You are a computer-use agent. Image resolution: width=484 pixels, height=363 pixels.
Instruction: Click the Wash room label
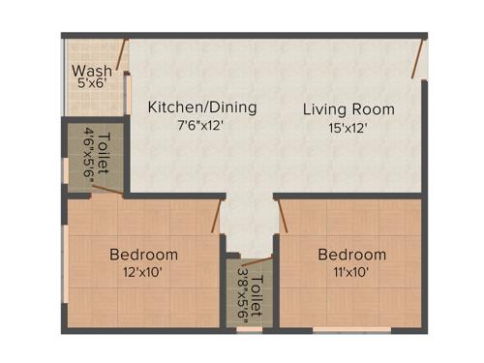(x=92, y=72)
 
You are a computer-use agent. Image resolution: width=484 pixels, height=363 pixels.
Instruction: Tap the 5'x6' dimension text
(x=92, y=84)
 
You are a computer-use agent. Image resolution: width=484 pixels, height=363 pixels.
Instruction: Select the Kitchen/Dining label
(x=202, y=107)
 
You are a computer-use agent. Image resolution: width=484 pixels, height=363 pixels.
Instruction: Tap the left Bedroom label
(x=143, y=255)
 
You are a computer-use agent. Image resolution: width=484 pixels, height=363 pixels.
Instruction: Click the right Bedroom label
(x=352, y=255)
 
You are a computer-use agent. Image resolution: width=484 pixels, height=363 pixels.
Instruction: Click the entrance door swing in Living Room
(x=416, y=59)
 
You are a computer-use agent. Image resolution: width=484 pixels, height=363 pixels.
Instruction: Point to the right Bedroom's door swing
(x=282, y=215)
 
